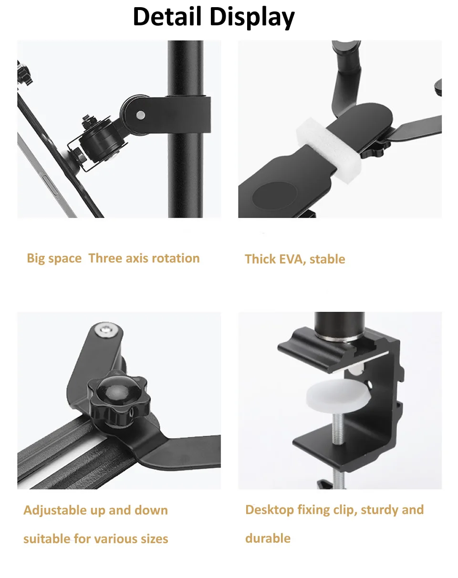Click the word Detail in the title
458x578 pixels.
click(x=167, y=17)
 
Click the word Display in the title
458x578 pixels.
click(x=252, y=18)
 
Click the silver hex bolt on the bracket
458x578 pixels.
click(x=107, y=330)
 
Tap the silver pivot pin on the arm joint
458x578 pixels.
click(x=140, y=115)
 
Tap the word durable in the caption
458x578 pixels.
click(x=268, y=538)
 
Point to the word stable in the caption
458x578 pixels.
click(x=327, y=259)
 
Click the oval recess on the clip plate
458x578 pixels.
click(x=275, y=195)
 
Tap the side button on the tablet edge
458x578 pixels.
click(x=50, y=185)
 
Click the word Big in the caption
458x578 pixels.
click(x=36, y=258)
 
